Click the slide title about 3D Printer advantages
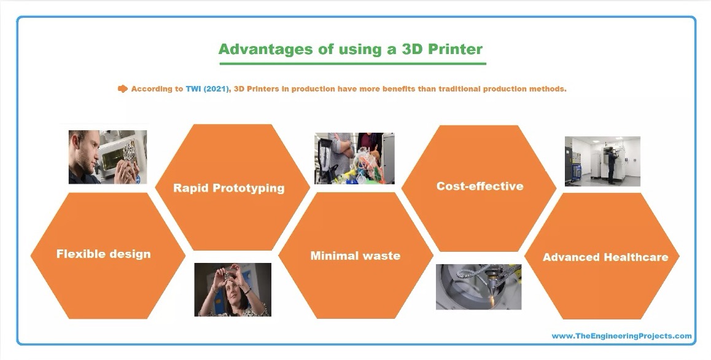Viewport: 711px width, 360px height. pyautogui.click(x=351, y=49)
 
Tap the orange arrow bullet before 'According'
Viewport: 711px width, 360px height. pyautogui.click(x=122, y=88)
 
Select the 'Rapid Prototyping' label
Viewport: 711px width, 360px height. pyautogui.click(x=229, y=188)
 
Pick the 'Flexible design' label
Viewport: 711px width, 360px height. pyautogui.click(x=103, y=254)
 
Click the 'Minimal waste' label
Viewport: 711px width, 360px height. pyautogui.click(x=355, y=256)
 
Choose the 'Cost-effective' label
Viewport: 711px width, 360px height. pyautogui.click(x=480, y=186)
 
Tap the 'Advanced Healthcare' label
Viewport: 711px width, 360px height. pyautogui.click(x=605, y=257)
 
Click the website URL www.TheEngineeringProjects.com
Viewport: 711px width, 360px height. pyautogui.click(x=622, y=336)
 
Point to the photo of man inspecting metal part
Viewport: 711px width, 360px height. pyautogui.click(x=107, y=157)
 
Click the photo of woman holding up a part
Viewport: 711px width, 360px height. pyautogui.click(x=233, y=289)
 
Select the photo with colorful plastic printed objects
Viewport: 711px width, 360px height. pyautogui.click(x=355, y=158)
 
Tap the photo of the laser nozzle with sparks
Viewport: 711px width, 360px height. pyautogui.click(x=478, y=287)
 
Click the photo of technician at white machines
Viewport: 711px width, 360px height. pyautogui.click(x=602, y=161)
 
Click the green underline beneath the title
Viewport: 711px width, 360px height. pyautogui.click(x=353, y=63)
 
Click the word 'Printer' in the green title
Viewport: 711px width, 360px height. pyautogui.click(x=454, y=49)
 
